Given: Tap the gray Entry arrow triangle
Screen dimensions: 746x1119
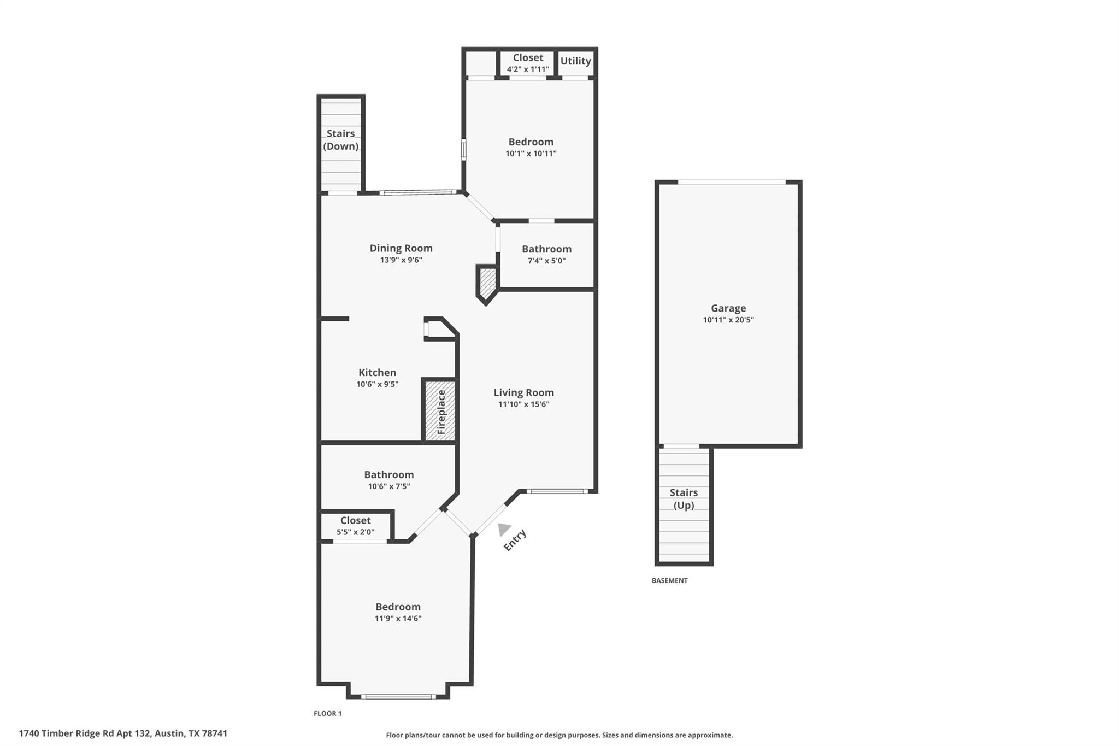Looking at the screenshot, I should (503, 529).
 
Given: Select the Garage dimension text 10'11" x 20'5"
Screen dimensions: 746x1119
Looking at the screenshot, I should (728, 320).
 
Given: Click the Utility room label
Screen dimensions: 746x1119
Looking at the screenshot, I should (575, 61).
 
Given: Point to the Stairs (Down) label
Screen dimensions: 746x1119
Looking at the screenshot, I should (340, 140).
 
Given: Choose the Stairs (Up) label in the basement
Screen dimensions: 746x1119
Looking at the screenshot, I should (684, 498).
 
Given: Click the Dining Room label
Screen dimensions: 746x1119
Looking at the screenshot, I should (401, 248).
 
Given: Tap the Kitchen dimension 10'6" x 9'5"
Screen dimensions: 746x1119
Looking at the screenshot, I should (377, 385).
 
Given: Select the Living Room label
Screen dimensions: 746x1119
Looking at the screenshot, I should (523, 392).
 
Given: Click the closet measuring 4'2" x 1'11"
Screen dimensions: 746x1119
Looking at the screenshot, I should (527, 63).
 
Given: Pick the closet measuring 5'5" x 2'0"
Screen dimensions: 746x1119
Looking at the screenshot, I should (355, 526).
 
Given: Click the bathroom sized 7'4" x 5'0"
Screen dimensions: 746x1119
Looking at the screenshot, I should (546, 255).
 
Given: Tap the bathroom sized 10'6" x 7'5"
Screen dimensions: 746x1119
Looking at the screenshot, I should (388, 480).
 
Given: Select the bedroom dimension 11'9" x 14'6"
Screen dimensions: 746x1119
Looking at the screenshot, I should (398, 619).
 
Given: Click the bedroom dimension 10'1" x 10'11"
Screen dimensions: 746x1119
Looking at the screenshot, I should (531, 154).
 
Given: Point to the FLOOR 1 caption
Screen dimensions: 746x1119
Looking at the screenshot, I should (327, 713).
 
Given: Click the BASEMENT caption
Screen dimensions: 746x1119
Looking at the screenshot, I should (669, 580).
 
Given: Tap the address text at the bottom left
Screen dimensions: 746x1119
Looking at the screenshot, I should (123, 733).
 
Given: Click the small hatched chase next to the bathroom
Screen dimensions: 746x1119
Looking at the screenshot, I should (486, 281).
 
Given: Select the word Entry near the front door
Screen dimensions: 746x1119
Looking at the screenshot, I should (515, 540).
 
